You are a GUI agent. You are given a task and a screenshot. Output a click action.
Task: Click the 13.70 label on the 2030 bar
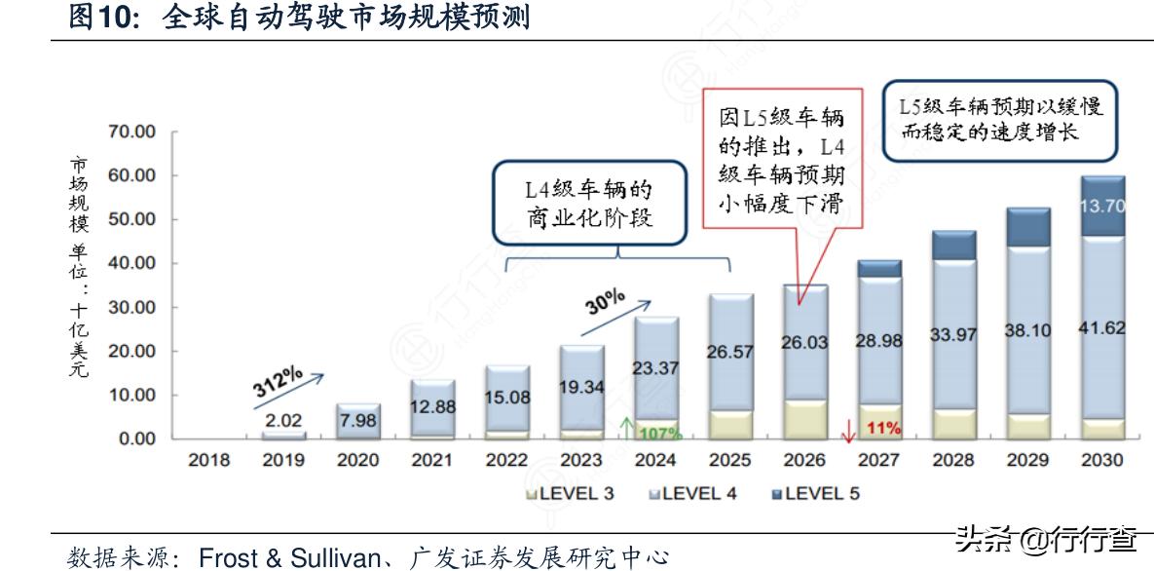coord(1102,205)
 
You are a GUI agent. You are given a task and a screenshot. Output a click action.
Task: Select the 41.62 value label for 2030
coord(1102,328)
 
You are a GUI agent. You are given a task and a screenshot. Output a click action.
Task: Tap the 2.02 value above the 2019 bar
coord(283,421)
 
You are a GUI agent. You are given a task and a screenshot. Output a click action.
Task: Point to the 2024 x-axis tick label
coord(654,460)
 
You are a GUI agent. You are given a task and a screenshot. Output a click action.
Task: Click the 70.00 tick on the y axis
coord(130,132)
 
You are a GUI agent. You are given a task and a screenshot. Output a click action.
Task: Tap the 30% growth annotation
coord(605,303)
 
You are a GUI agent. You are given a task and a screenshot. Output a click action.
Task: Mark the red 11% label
coord(883,428)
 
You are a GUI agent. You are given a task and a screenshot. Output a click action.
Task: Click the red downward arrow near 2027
coord(848,430)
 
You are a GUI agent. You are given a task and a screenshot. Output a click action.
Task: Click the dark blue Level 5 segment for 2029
coord(1026,227)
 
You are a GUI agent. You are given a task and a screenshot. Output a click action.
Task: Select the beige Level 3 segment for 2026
coord(804,418)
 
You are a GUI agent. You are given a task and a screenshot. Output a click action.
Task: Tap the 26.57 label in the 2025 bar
coord(729,351)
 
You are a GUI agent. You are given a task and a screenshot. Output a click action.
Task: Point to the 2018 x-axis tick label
coord(208,460)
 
